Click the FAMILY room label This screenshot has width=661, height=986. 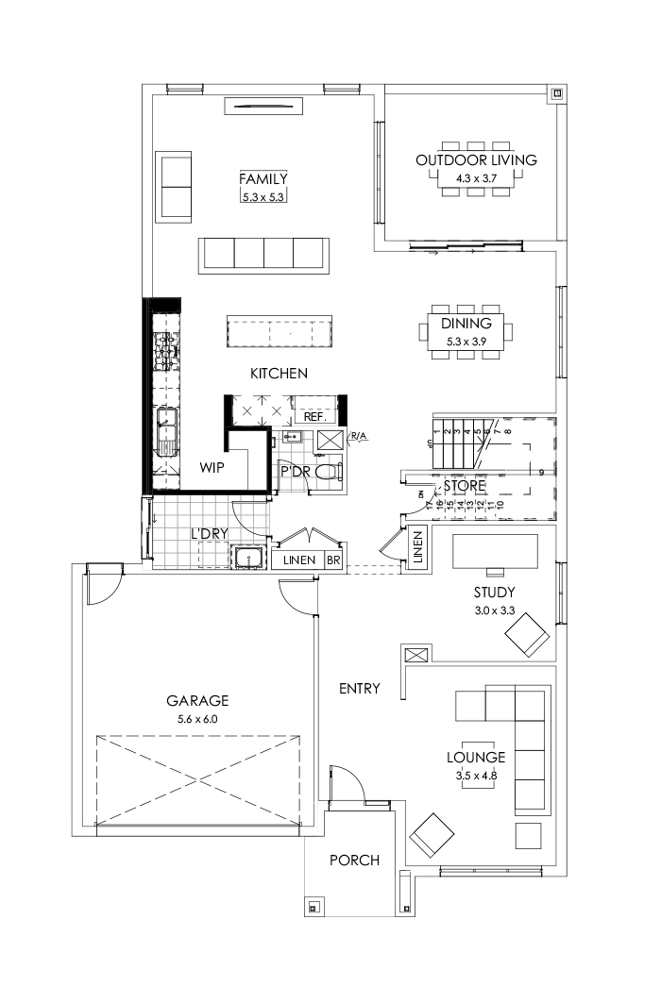point(263,179)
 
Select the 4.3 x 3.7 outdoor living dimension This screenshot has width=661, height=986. point(476,177)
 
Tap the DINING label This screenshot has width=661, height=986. point(466,324)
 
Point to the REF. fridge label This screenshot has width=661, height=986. point(314,416)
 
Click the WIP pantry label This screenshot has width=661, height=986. point(212,467)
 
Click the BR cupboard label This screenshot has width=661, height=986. point(333,560)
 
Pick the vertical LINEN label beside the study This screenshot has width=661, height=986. point(418,549)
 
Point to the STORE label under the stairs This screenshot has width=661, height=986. point(465,486)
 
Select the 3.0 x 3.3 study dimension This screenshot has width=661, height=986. point(494,610)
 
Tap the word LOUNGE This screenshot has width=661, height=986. point(476,757)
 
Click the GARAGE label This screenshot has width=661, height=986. point(197,701)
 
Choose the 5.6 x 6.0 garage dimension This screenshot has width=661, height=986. point(197,719)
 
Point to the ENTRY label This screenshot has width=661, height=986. point(359,689)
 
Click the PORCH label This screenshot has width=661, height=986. point(354,861)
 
